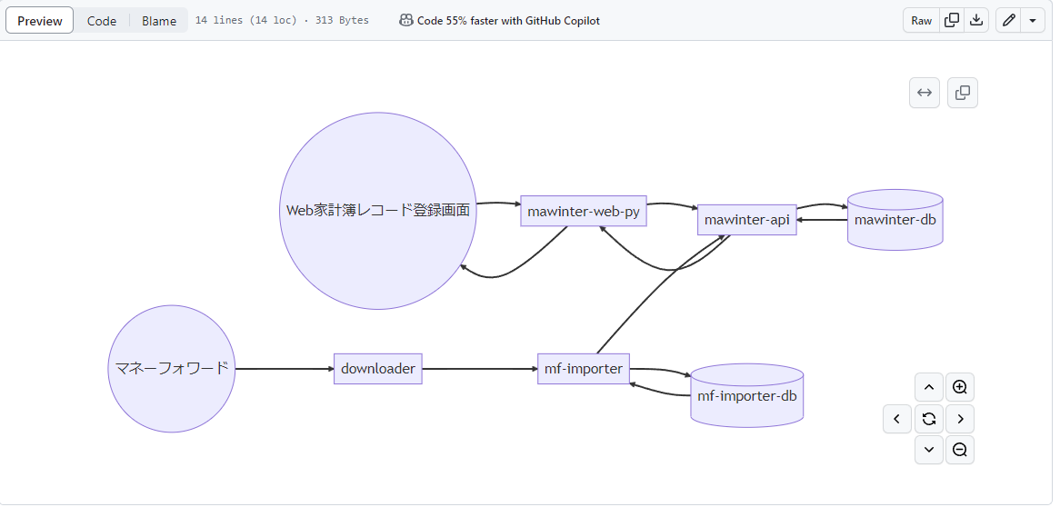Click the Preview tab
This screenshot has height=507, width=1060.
click(x=40, y=21)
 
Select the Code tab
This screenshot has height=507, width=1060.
click(x=102, y=21)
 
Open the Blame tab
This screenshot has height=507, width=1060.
click(x=159, y=21)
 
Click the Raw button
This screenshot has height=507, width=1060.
click(x=921, y=21)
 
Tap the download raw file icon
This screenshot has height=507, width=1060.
click(x=976, y=21)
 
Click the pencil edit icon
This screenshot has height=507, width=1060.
click(x=1008, y=21)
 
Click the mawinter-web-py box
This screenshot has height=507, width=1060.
click(x=584, y=212)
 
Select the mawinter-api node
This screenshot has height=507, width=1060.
click(x=747, y=220)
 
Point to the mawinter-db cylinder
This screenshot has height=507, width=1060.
click(x=895, y=220)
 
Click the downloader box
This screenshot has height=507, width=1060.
click(x=378, y=369)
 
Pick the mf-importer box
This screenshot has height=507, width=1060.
click(x=584, y=369)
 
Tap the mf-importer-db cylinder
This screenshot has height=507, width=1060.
click(x=747, y=396)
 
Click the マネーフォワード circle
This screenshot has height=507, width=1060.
click(x=172, y=369)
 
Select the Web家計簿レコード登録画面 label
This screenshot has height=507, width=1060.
click(x=378, y=211)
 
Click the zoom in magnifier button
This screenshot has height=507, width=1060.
click(x=959, y=388)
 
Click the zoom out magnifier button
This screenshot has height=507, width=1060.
click(x=959, y=450)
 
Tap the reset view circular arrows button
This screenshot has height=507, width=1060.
click(x=928, y=419)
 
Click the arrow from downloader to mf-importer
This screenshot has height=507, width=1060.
click(x=480, y=369)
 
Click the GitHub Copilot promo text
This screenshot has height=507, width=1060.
click(x=508, y=21)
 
